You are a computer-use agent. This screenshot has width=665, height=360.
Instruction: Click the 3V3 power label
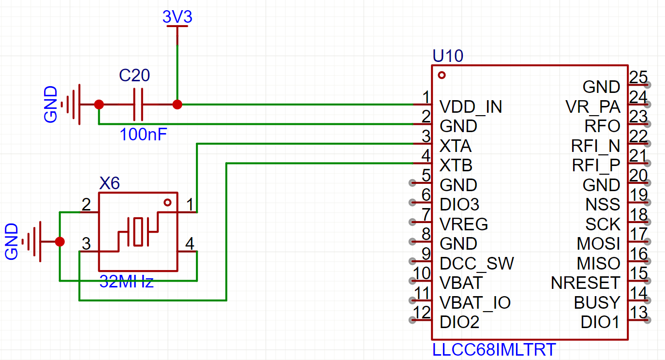(177, 16)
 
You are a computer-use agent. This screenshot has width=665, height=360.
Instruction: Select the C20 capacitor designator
(134, 75)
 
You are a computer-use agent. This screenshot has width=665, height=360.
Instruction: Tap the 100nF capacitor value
(143, 135)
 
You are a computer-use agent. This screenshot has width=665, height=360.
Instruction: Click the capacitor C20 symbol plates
(138, 104)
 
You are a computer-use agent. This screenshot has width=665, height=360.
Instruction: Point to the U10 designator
(448, 56)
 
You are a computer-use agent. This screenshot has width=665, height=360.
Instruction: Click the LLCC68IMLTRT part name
(494, 350)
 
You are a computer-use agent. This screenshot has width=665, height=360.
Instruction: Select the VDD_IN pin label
(471, 106)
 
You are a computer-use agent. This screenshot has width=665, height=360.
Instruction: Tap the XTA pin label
(456, 146)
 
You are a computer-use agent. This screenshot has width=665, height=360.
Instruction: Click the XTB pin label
(456, 165)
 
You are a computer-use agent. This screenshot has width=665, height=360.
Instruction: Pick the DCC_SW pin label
(476, 263)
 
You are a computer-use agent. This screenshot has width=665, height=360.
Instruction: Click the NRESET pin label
(585, 283)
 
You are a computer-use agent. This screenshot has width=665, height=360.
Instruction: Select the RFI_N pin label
(595, 146)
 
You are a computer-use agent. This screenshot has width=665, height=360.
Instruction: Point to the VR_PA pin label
(593, 106)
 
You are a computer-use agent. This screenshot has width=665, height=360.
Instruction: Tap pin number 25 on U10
(638, 77)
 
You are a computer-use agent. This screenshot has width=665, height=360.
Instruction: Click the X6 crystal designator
(110, 183)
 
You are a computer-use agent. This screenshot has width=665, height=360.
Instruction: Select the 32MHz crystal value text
(126, 282)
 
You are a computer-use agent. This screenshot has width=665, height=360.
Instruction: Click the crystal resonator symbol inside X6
(138, 232)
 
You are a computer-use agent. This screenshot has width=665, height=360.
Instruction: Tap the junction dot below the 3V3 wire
(177, 105)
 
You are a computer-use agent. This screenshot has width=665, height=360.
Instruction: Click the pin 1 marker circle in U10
(442, 75)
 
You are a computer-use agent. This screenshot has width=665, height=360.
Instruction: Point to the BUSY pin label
(597, 303)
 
